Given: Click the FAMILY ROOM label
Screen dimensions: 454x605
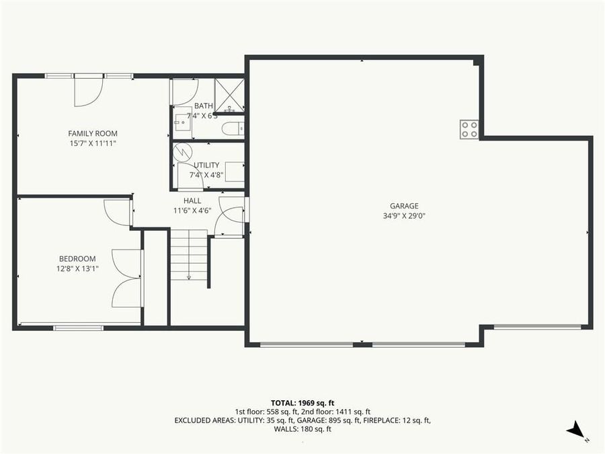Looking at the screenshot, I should [93, 133].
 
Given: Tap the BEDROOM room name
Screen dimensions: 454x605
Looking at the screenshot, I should [77, 258].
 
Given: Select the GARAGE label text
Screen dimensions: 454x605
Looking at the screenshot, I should [404, 206].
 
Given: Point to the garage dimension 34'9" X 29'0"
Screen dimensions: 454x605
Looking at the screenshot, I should [404, 216].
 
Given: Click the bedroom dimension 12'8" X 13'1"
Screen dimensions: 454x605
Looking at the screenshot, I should [77, 268].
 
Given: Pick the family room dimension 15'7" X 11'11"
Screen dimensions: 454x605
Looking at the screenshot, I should [93, 143].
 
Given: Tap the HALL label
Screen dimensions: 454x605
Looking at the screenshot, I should [192, 200].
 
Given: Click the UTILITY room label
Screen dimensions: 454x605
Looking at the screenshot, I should [206, 165].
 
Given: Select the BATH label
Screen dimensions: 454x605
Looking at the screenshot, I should [203, 106].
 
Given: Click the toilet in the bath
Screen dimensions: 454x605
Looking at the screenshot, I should [232, 128].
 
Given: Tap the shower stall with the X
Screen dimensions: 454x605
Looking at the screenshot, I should [229, 95].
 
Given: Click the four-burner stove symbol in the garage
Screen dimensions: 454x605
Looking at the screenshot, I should [469, 129].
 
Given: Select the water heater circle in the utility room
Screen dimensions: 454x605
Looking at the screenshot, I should [183, 151].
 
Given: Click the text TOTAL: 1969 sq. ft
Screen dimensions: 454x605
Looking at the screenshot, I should [302, 402].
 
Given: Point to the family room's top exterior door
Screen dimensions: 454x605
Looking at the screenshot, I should [88, 90].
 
